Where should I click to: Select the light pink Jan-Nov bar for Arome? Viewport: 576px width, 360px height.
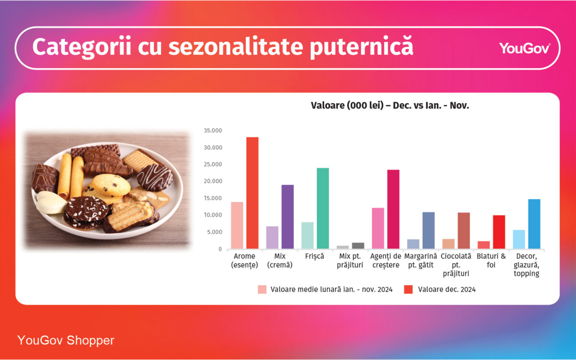pyautogui.click(x=237, y=225)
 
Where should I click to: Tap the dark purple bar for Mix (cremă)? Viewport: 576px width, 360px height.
pyautogui.click(x=288, y=216)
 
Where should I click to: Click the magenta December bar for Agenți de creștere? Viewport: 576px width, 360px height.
pyautogui.click(x=393, y=209)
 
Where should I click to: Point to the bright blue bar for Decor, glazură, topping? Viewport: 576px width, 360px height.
pyautogui.click(x=534, y=224)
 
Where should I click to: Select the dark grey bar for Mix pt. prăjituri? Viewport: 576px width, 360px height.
pyautogui.click(x=358, y=246)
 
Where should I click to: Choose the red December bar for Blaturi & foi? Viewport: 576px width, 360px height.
pyautogui.click(x=499, y=232)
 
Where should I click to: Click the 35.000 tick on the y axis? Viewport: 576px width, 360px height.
pyautogui.click(x=213, y=131)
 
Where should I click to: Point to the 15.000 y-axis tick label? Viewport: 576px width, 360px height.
pyautogui.click(x=213, y=198)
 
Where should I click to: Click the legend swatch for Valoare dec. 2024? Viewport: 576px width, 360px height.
pyautogui.click(x=408, y=289)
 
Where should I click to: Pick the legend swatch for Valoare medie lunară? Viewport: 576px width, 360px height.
pyautogui.click(x=262, y=289)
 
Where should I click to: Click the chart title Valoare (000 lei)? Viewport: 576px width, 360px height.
pyautogui.click(x=390, y=106)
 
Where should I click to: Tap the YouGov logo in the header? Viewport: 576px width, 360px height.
pyautogui.click(x=525, y=48)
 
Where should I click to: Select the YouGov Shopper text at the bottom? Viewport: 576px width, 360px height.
pyautogui.click(x=66, y=341)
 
